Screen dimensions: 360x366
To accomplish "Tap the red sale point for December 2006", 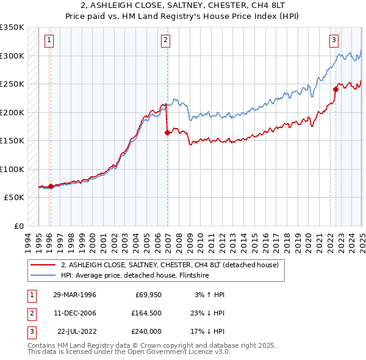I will coord(167,132).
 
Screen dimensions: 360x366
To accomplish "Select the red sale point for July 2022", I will coord(335,89).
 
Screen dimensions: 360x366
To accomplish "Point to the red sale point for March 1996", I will coord(51,186).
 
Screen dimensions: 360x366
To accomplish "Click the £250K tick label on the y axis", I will coord(12,84).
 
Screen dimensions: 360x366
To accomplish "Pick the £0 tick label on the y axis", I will coord(18,226).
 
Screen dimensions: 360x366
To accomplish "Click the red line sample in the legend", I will coord(44,265).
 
